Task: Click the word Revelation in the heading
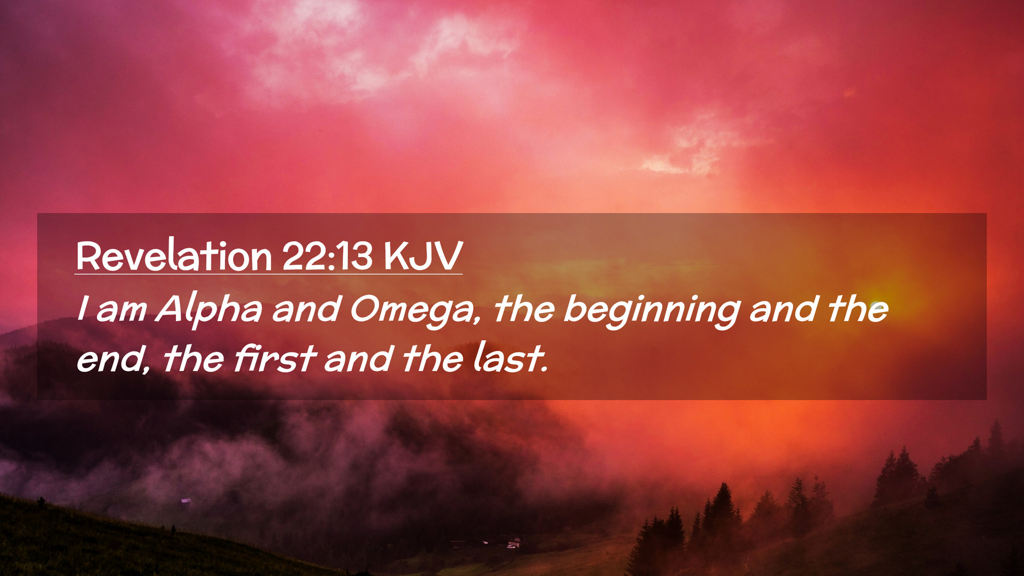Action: [x=174, y=256]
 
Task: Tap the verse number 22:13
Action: [x=327, y=256]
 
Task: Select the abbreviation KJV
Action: [x=422, y=256]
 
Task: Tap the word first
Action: [x=275, y=358]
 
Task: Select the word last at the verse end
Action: [x=510, y=358]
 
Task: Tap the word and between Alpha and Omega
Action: [x=306, y=309]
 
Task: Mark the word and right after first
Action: [x=358, y=359]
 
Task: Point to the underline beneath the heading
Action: [x=268, y=274]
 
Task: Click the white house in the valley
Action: [x=513, y=543]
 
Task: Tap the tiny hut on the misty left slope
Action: [x=186, y=501]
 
